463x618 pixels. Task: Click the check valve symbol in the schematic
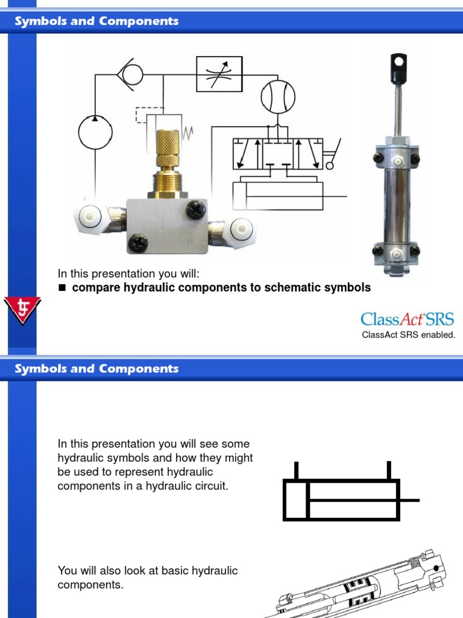coord(130,74)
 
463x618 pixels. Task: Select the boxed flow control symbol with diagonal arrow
coord(219,74)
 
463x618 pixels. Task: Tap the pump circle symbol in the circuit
coord(95,131)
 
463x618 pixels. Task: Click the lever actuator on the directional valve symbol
coord(332,154)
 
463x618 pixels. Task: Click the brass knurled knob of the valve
coord(167,147)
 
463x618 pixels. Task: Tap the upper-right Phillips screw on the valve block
coord(195,209)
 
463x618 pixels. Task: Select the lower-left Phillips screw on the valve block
coord(138,243)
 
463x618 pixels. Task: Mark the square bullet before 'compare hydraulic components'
coord(61,288)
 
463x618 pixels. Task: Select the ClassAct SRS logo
coord(407,319)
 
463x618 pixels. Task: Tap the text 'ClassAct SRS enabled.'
coord(408,335)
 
